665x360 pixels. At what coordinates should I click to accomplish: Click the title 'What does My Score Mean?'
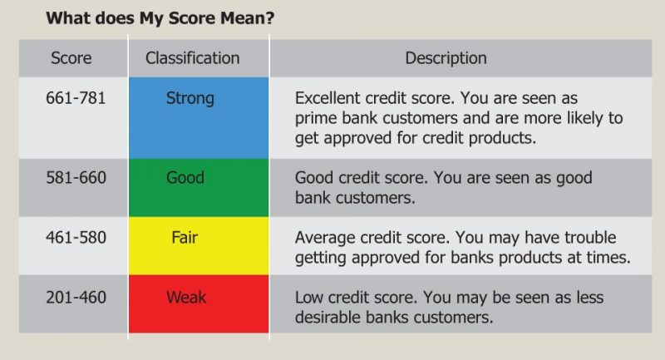click(x=159, y=17)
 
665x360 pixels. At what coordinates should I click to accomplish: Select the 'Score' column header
click(x=71, y=58)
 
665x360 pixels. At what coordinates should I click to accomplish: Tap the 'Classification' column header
click(x=192, y=58)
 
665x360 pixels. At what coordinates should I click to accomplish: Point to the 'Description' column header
click(x=446, y=58)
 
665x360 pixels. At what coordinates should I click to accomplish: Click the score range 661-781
click(x=76, y=98)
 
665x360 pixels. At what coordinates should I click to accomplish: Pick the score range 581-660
click(x=76, y=178)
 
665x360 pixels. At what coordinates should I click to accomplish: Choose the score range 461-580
click(x=76, y=238)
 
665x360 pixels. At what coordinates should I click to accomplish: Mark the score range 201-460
click(x=76, y=298)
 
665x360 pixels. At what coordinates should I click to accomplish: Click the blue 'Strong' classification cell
click(x=199, y=116)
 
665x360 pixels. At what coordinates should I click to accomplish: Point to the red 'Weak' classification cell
click(x=199, y=304)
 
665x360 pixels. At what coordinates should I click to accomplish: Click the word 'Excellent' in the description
click(x=328, y=98)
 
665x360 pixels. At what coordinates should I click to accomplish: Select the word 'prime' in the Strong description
click(x=314, y=118)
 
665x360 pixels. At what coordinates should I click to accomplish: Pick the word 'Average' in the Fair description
click(x=324, y=238)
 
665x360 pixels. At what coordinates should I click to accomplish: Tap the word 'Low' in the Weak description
click(x=309, y=298)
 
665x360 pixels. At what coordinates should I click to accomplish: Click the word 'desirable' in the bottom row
click(x=328, y=317)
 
